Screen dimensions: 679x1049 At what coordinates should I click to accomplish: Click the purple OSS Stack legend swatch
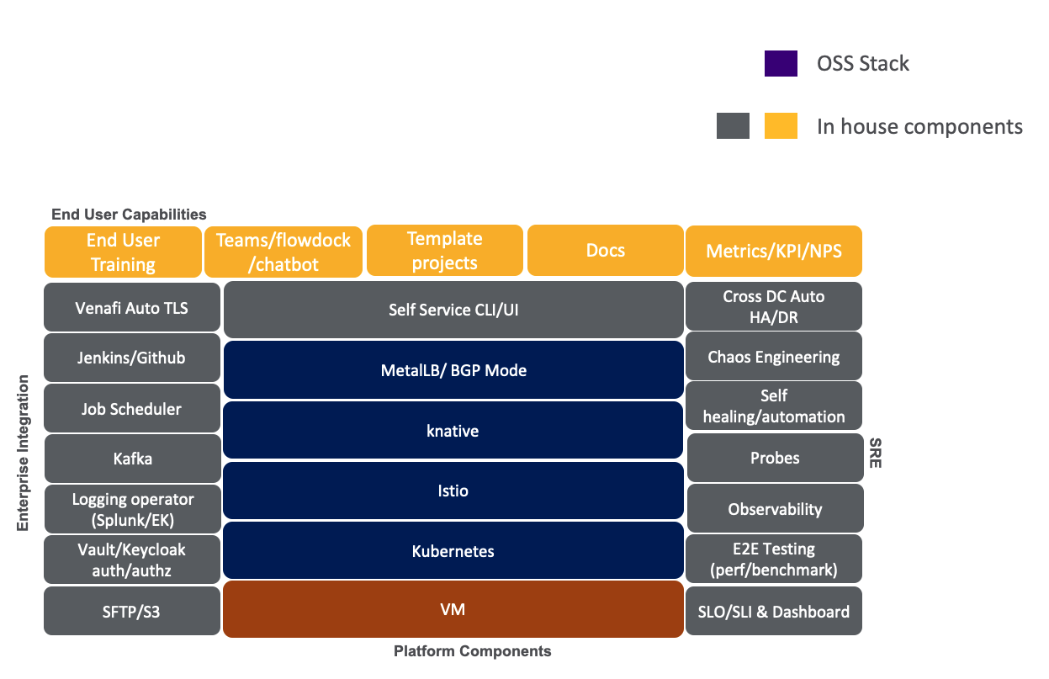[781, 63]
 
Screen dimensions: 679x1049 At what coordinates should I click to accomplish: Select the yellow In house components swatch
[781, 126]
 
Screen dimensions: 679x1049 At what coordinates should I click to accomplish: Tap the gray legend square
[733, 126]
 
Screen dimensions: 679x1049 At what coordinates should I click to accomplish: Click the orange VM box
[453, 608]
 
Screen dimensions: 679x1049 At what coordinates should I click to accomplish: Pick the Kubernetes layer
[453, 551]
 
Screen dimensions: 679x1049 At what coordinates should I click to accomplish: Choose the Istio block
[453, 491]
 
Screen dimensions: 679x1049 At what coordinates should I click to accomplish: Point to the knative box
[453, 431]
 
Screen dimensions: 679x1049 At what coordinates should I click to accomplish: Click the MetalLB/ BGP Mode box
[453, 370]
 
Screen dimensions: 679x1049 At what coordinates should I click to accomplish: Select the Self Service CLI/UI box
[453, 310]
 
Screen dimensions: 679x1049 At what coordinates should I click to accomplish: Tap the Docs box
[605, 251]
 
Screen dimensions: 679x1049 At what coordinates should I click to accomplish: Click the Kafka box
[132, 459]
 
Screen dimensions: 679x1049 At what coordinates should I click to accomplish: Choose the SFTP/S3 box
[132, 612]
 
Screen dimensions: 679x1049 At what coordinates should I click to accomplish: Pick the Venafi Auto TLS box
[132, 308]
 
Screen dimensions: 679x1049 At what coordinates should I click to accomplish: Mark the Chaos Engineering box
[774, 357]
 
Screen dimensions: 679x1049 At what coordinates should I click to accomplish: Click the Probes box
[775, 459]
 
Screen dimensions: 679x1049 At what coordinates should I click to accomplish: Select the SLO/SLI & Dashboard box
[774, 612]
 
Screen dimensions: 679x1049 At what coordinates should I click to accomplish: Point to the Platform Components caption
[472, 651]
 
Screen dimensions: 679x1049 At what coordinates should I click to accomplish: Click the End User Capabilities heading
[129, 215]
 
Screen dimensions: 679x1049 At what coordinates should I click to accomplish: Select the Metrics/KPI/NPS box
[774, 251]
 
